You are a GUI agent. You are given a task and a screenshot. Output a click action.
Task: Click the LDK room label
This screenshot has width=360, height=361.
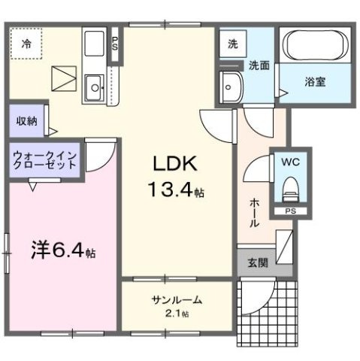click(x=175, y=164)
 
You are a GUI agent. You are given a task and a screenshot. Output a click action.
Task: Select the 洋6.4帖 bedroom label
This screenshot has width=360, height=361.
click(x=62, y=248)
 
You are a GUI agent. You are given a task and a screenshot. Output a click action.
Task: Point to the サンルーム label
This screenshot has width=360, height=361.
click(x=177, y=300)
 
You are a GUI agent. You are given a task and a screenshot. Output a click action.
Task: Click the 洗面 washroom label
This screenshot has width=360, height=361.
click(x=260, y=65)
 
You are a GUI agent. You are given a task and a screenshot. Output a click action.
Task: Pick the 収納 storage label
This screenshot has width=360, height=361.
click(x=26, y=120)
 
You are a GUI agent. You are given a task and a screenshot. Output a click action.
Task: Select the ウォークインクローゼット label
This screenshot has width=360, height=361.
click(x=42, y=161)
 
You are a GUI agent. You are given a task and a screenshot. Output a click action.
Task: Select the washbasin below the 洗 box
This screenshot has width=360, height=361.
click(x=231, y=87)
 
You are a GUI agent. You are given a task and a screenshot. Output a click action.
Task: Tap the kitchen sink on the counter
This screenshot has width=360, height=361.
click(x=95, y=87)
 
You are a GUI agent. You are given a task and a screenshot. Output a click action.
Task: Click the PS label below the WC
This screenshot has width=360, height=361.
click(x=289, y=212)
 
